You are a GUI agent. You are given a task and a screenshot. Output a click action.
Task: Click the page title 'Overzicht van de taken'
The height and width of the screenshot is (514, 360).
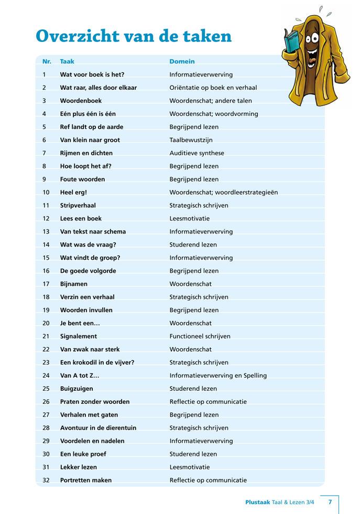point(133,36)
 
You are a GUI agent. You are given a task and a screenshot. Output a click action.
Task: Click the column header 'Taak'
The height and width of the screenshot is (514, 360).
point(67,61)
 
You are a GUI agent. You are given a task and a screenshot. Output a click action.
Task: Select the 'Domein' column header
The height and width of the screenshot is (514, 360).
point(182,61)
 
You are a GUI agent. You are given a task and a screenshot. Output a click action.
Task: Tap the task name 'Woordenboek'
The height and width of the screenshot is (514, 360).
point(81,101)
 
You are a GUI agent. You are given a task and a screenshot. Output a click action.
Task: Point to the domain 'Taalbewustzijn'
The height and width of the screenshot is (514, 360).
point(191,140)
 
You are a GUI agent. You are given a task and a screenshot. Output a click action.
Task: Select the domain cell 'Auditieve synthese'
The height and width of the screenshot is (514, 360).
point(197,153)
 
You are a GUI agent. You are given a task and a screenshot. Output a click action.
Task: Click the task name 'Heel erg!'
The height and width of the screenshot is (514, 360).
point(73,192)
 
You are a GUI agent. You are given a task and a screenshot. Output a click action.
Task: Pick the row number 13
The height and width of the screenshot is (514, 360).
point(46,231)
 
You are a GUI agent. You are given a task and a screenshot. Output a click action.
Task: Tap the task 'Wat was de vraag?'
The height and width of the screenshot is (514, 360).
point(88,244)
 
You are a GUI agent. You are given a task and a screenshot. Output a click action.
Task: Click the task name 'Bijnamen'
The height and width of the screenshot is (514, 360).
point(74,284)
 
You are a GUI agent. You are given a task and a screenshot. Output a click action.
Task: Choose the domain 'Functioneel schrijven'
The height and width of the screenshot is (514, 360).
point(200,336)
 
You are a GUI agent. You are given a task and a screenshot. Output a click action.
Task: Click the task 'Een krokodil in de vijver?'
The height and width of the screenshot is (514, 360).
point(97,362)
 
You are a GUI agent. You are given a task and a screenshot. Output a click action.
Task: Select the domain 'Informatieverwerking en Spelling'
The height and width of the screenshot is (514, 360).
point(218,376)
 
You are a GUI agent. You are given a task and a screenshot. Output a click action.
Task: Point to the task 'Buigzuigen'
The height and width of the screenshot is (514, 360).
point(77,389)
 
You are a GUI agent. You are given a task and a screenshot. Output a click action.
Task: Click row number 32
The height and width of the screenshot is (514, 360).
point(46,480)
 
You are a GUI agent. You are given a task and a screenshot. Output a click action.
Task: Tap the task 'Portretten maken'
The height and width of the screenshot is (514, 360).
point(86,480)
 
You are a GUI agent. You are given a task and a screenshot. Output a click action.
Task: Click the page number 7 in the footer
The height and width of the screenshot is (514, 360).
point(330,502)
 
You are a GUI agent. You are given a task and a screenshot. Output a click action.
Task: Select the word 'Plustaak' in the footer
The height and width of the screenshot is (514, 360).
point(257,502)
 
